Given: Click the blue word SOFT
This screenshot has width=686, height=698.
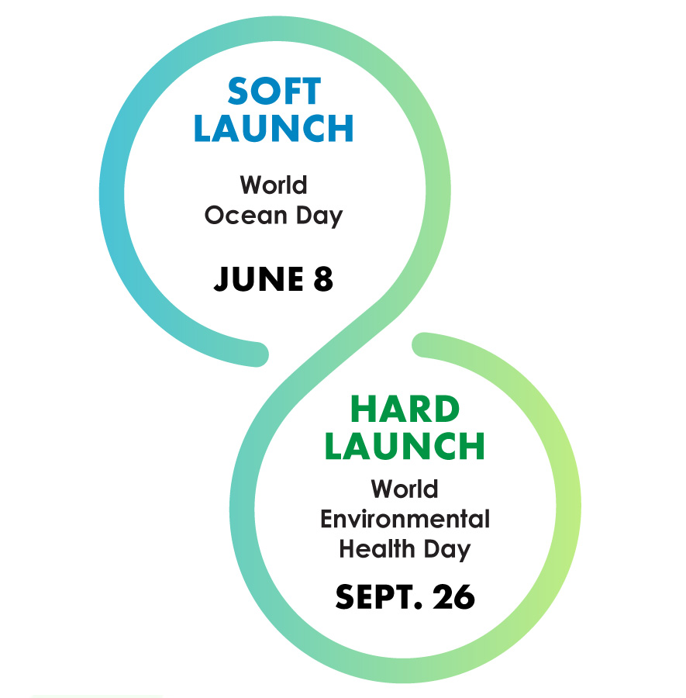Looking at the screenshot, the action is coord(274,91).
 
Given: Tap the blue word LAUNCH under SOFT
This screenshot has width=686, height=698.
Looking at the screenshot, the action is coord(274,128).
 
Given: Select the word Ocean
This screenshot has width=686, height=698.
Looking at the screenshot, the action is coord(246,216).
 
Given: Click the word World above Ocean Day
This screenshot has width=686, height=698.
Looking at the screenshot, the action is coord(274,185).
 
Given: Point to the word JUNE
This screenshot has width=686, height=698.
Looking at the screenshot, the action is coord(258,279).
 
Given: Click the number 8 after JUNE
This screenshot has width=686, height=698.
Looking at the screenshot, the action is coord(323,279).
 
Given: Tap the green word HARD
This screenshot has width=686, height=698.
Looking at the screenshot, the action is coord(405,409).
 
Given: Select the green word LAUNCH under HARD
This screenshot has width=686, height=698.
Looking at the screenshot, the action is coord(405,446).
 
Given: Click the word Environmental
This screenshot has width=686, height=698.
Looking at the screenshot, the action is coord(405,519).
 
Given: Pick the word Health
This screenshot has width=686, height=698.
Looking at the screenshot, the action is coord(377,548).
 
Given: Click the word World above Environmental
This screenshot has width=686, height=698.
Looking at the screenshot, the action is coord(405,489).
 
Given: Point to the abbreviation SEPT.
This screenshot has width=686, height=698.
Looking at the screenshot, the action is coord(378,596).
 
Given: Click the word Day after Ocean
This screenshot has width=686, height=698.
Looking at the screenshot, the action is coord(319,216).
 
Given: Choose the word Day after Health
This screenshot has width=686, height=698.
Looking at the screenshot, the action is coord(446,550).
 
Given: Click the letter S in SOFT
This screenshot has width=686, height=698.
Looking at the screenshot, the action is coord(237,91).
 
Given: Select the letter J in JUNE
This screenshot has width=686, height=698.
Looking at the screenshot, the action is coord(221,279).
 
